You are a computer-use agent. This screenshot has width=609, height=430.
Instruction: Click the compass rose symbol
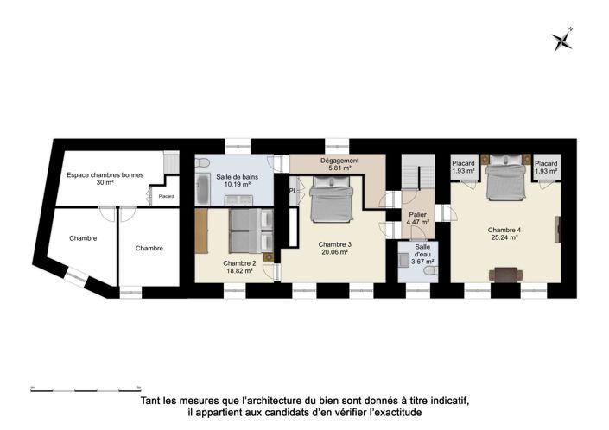click(564, 38)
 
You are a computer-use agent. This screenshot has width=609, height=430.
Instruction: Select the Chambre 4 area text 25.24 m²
click(503, 237)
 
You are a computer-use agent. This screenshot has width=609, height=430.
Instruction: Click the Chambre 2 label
click(238, 262)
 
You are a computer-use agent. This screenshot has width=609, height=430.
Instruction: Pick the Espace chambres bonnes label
click(105, 179)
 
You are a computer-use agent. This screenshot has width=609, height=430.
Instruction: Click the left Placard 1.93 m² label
click(465, 167)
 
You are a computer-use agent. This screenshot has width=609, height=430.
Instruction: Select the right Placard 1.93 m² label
click(545, 167)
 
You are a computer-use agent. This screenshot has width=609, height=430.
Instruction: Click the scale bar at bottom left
click(86, 386)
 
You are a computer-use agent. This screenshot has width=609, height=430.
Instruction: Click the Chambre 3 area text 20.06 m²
click(333, 252)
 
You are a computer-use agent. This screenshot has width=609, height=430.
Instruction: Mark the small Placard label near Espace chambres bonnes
click(166, 197)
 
